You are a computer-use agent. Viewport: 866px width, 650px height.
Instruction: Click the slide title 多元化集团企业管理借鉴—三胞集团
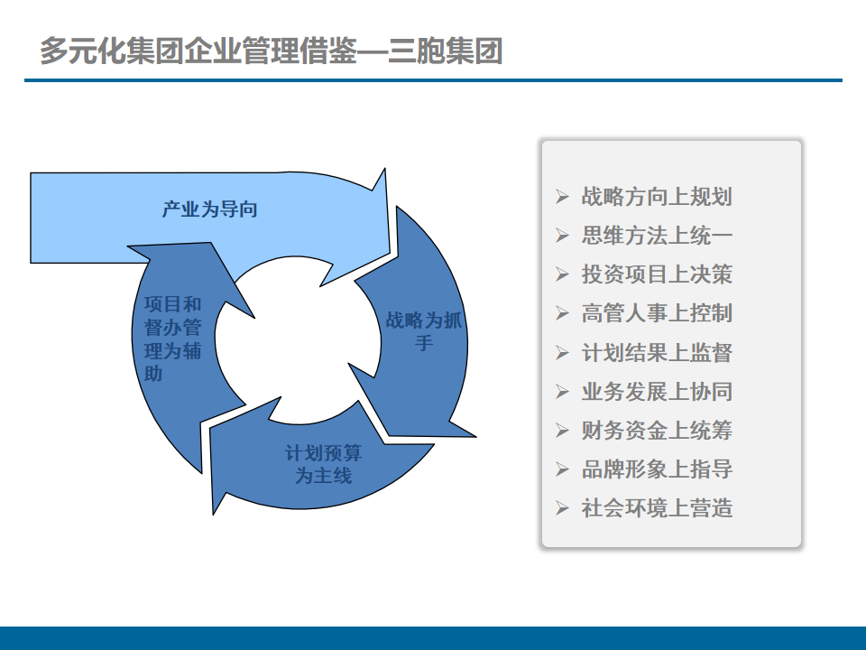tap(271, 51)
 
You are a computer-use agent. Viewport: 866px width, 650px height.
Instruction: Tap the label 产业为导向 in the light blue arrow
tap(210, 209)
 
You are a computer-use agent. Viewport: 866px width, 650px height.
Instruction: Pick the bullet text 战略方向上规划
tap(657, 197)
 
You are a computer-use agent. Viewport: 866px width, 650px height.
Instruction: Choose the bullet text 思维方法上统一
tap(657, 236)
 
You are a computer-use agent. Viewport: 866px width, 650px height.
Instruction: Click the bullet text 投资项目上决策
tap(657, 274)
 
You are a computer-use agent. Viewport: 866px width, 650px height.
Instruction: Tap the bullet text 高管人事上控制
tap(657, 313)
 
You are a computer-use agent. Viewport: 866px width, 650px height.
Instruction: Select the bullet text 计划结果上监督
tap(657, 352)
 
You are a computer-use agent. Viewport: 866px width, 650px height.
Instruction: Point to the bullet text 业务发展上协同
tap(657, 391)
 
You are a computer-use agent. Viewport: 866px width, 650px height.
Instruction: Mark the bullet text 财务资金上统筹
tap(657, 430)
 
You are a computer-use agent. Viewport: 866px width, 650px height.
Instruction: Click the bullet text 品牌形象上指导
tap(657, 469)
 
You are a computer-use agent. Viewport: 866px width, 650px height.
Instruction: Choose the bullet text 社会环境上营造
tap(657, 507)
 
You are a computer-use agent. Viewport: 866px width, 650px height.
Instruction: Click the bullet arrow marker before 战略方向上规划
tap(563, 197)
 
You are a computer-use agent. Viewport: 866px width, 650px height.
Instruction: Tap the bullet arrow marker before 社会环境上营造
tap(563, 508)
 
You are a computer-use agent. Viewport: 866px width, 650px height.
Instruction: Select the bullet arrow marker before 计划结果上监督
tap(563, 353)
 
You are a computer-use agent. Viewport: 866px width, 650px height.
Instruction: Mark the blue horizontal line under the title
tap(433, 80)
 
